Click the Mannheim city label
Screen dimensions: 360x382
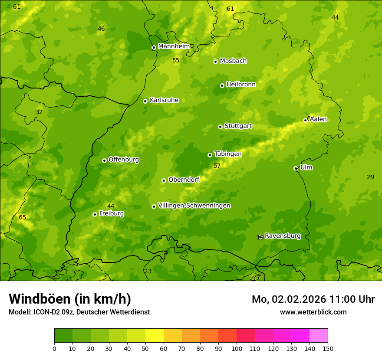(x=174, y=46)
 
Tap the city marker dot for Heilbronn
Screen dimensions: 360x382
(x=222, y=85)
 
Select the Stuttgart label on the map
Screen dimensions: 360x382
(x=238, y=126)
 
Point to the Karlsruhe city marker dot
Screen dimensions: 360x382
(x=145, y=101)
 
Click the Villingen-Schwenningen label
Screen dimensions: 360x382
(x=194, y=206)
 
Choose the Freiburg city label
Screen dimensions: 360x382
(x=111, y=213)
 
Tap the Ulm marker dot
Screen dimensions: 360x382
(x=296, y=168)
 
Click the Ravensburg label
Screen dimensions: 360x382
(x=283, y=236)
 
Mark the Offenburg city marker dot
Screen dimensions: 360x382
(x=104, y=160)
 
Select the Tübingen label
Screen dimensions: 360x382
(x=227, y=154)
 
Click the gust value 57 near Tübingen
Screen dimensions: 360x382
(x=217, y=166)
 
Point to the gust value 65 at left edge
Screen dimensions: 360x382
(x=22, y=217)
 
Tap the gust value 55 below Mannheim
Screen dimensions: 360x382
(x=176, y=61)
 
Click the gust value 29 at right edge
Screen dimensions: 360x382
(x=370, y=177)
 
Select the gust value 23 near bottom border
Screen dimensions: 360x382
(x=148, y=271)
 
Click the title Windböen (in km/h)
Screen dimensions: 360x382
(x=70, y=299)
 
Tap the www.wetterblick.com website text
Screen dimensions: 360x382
(x=313, y=312)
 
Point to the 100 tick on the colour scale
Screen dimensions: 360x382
(x=237, y=348)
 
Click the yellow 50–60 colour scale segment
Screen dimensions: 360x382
(x=155, y=336)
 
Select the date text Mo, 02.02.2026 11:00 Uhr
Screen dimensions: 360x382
(x=313, y=299)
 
